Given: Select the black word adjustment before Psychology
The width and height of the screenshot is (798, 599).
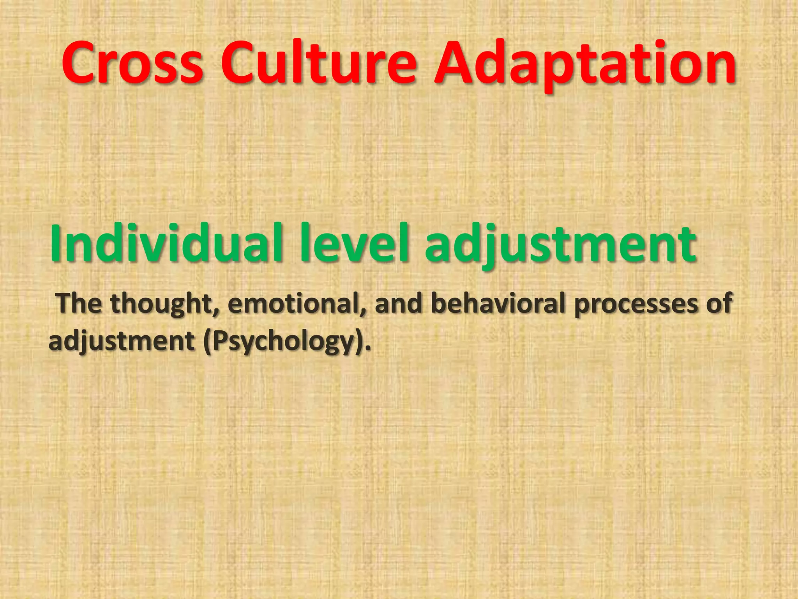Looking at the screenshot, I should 121,342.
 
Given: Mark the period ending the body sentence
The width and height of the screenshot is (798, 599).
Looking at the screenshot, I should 368,348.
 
